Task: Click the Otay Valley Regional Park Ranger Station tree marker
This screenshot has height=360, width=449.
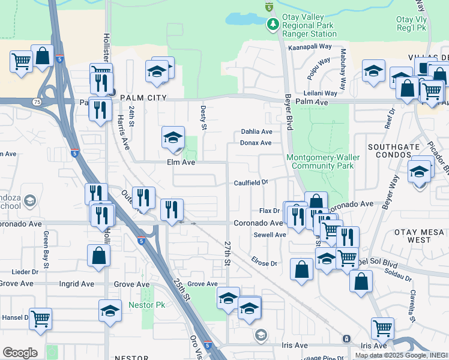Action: pos(273,23)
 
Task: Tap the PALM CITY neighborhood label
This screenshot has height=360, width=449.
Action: pos(143,97)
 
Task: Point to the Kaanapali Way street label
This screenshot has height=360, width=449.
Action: pos(310,46)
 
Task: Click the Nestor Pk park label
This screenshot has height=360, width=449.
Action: pos(142,305)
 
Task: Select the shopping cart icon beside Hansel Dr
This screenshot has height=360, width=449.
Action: pos(40,318)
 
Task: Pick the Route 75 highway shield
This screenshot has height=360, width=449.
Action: pos(37,102)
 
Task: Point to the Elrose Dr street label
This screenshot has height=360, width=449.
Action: pos(264,263)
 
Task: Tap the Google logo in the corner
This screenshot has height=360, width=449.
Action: pos(20,352)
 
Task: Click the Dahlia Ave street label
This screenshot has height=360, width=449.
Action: pos(257,131)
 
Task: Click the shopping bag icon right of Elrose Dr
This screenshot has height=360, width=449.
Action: pos(301,269)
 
